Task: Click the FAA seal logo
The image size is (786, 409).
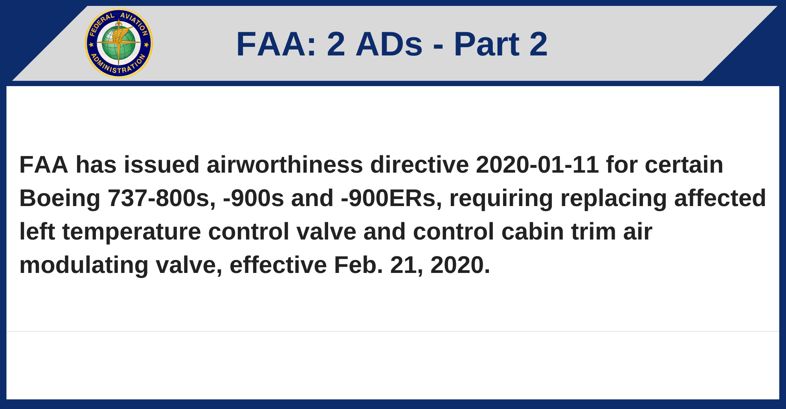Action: (119, 43)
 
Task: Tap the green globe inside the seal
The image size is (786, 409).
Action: (119, 44)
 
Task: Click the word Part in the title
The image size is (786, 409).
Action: (486, 44)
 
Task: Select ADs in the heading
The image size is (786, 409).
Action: (389, 44)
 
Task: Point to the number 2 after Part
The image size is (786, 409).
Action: (538, 44)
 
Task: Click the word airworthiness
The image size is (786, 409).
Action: (285, 164)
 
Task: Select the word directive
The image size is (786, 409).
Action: (419, 164)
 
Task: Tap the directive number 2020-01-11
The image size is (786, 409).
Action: (537, 164)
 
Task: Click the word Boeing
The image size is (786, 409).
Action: (60, 198)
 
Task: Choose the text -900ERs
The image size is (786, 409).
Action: (391, 198)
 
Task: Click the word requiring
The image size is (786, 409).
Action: (501, 198)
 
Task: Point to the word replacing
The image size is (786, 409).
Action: (613, 198)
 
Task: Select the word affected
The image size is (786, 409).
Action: (720, 198)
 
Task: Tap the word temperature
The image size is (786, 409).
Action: (131, 231)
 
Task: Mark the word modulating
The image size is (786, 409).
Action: (84, 265)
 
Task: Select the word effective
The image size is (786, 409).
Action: (278, 265)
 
